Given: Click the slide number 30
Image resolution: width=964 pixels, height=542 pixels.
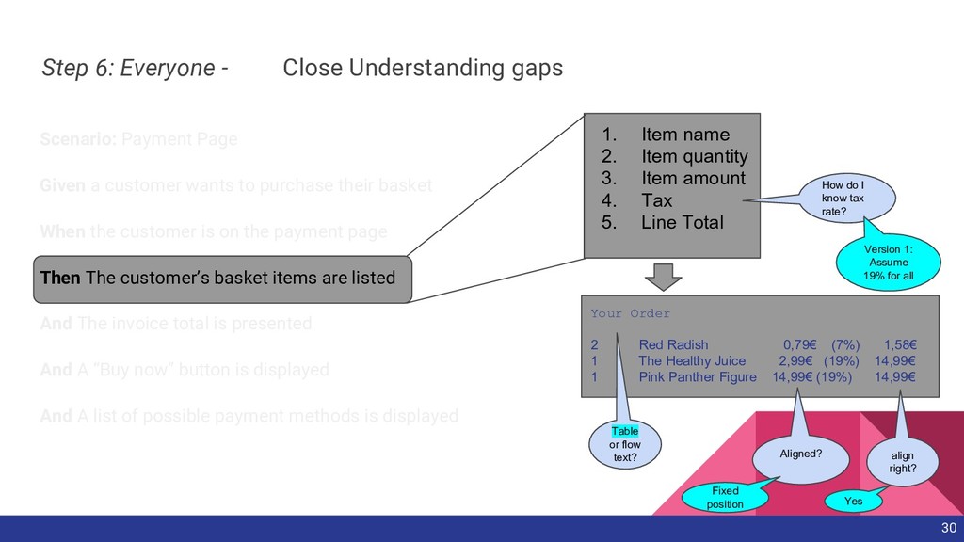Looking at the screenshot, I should point(948,528).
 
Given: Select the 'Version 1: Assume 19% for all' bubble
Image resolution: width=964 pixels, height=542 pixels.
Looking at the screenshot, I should point(888,263).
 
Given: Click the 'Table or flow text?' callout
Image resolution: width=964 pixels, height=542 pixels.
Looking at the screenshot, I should point(624,444).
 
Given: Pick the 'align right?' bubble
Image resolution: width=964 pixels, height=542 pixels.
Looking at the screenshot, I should point(901,462).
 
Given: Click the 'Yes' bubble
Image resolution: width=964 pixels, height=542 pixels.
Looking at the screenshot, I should point(853,502).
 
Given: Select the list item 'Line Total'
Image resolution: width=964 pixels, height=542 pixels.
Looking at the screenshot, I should point(682,223).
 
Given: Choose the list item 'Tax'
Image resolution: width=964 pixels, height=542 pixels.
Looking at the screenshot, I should point(656,200).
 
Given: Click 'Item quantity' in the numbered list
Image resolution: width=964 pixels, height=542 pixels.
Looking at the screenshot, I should point(694,156).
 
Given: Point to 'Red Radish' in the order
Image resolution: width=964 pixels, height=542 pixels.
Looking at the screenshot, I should point(673,344).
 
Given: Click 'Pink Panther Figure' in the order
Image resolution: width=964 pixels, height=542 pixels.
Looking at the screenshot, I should point(697,377).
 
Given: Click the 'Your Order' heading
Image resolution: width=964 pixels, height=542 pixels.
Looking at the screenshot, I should point(630,313).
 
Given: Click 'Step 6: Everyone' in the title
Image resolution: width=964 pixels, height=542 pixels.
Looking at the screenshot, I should point(128,69).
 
